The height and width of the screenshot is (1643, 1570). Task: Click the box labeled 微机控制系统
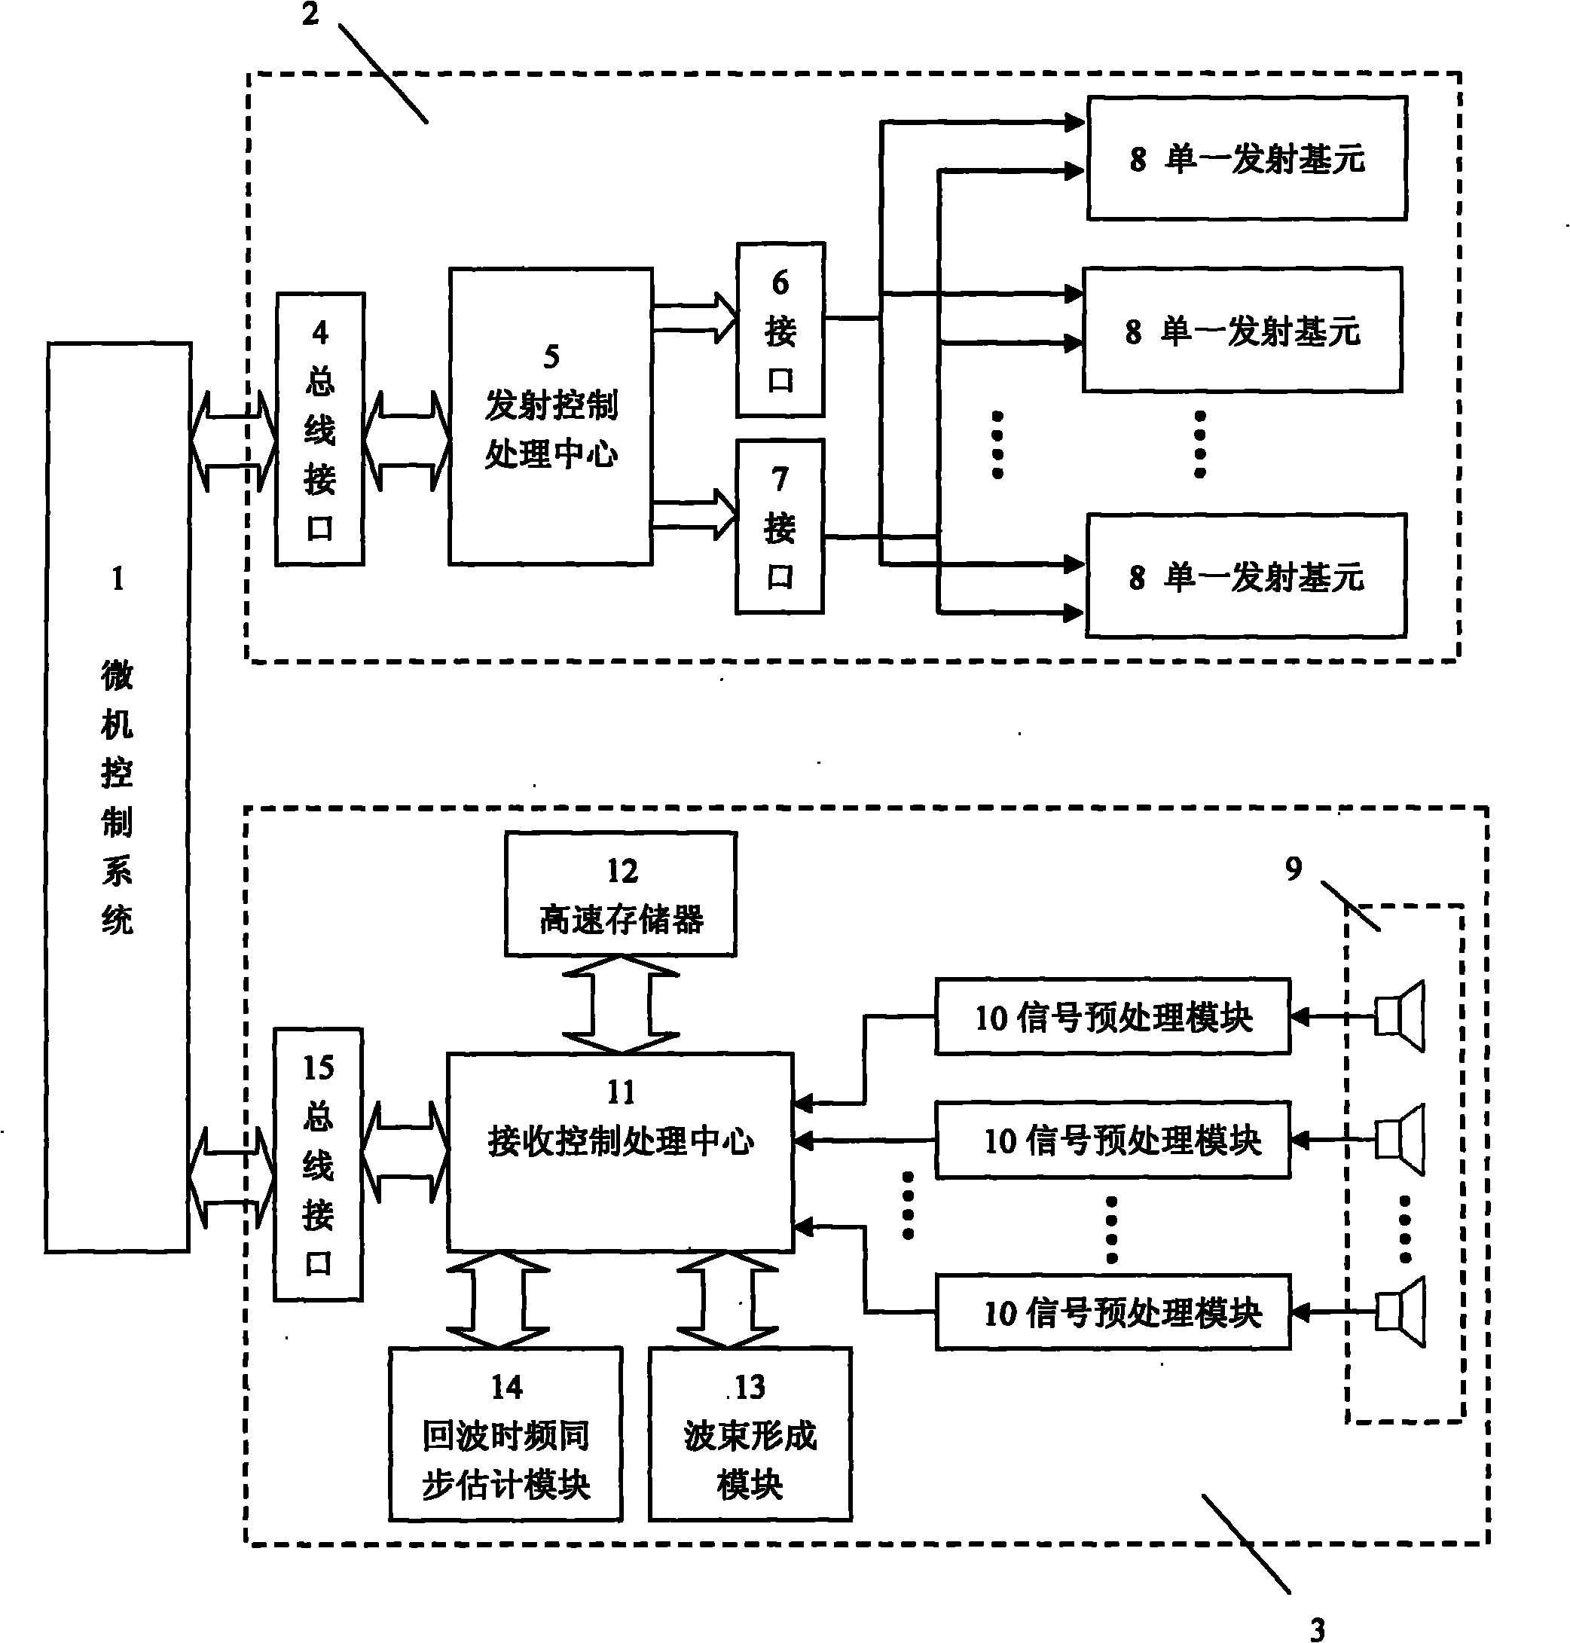(x=118, y=796)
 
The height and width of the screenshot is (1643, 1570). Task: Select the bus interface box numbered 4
(x=319, y=429)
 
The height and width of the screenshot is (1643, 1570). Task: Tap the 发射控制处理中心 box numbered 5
(x=550, y=416)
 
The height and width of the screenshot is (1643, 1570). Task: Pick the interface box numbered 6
(x=780, y=330)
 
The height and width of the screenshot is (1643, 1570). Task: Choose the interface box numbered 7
(x=779, y=527)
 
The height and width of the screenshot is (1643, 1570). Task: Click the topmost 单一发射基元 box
(x=1246, y=158)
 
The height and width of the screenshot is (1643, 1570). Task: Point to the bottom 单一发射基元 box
(x=1245, y=576)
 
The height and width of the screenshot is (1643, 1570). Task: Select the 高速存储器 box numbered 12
(x=620, y=894)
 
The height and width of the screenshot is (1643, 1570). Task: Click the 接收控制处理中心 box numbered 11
(x=619, y=1152)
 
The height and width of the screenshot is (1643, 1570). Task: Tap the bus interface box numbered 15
(x=318, y=1163)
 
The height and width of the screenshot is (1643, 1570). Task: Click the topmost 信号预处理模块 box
(x=1112, y=1016)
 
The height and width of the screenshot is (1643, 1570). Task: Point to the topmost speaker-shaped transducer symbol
(x=1400, y=1016)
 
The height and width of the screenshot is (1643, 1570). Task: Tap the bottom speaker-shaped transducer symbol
(x=1400, y=1312)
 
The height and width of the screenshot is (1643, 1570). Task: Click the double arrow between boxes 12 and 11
(x=620, y=1004)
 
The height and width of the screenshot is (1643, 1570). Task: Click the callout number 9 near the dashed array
(x=1293, y=869)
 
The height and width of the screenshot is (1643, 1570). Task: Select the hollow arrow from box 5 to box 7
(x=694, y=514)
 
